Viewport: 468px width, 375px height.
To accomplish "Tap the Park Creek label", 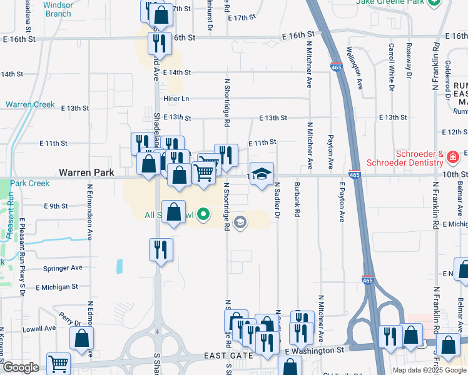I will pyautogui.click(x=29, y=183).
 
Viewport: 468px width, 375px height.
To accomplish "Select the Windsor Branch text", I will pyautogui.click(x=59, y=9).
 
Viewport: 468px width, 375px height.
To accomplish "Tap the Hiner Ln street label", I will pyautogui.click(x=176, y=99).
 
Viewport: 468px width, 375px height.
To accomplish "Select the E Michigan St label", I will pyautogui.click(x=56, y=287).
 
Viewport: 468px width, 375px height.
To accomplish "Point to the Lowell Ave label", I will pyautogui.click(x=39, y=328).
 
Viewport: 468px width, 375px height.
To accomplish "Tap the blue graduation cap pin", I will pyautogui.click(x=262, y=173).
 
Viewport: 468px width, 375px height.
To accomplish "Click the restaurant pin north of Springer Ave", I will pyautogui.click(x=161, y=249).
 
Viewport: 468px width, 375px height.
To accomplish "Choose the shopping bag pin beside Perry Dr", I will pyautogui.click(x=82, y=339).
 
